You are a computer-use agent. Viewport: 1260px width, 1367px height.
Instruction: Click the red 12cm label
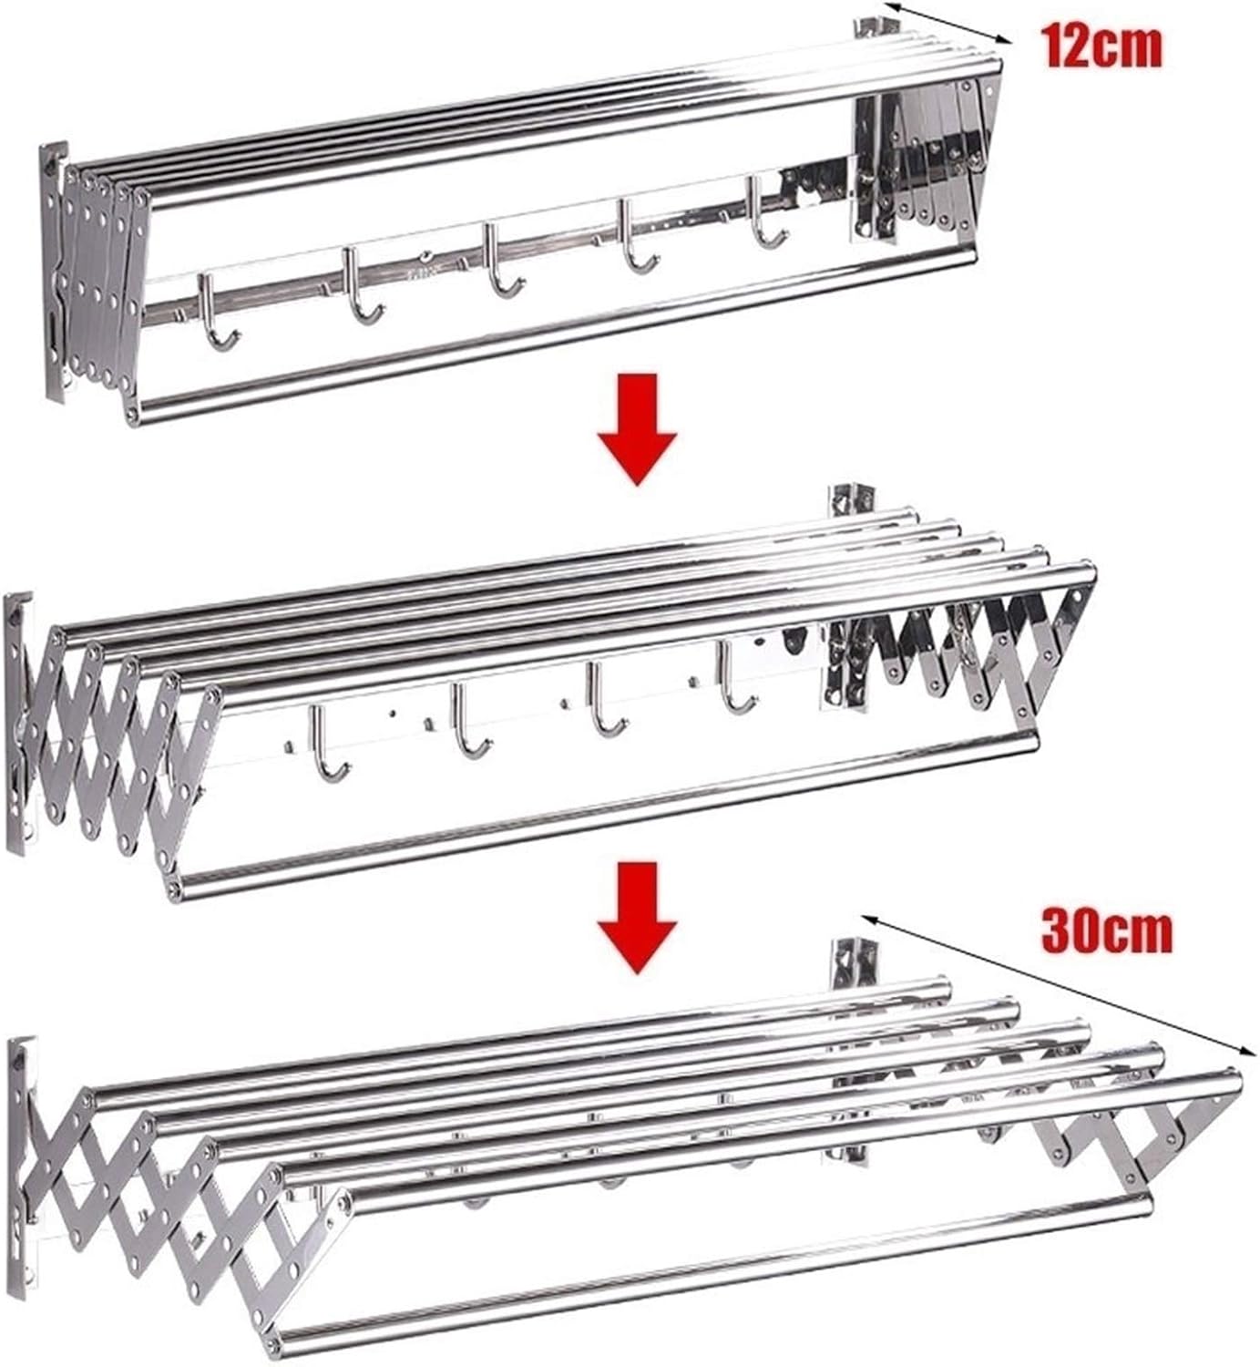(1103, 46)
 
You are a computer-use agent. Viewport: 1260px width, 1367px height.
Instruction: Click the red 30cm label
(1107, 931)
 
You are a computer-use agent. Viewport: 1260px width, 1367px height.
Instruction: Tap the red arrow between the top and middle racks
(637, 429)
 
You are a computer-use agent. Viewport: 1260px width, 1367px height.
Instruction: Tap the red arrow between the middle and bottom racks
(637, 918)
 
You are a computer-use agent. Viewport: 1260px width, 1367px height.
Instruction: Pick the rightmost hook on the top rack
(763, 212)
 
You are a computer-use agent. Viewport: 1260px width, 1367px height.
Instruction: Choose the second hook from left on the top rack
(359, 285)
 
